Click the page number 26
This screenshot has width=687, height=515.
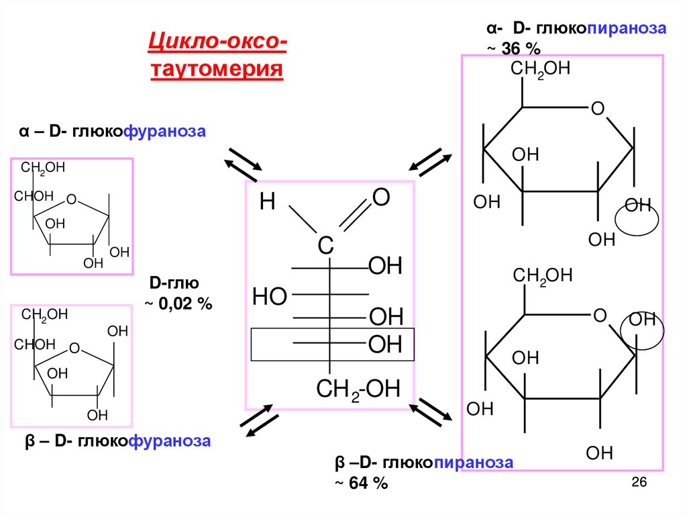click(638, 483)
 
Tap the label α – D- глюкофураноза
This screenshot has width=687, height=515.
click(111, 132)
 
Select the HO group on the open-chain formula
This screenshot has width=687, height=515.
click(270, 295)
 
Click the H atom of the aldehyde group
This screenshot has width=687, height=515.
click(268, 203)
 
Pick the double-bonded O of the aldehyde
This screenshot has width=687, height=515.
click(380, 197)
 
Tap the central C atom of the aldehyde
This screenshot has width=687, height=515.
click(325, 246)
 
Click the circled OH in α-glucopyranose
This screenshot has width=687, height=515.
click(637, 205)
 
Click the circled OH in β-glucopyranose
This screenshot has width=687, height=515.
click(641, 320)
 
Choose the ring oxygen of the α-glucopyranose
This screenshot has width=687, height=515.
click(598, 109)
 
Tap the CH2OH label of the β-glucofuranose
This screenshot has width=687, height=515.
click(45, 315)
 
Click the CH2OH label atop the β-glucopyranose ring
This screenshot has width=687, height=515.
click(543, 275)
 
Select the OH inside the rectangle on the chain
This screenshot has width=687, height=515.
click(385, 345)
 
